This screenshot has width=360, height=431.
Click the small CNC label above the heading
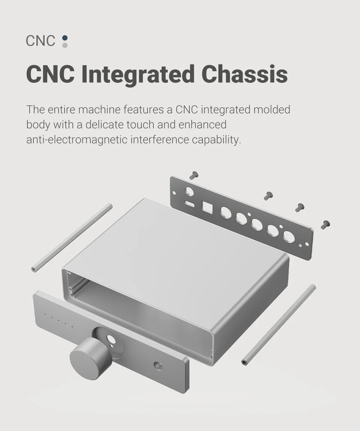[x=40, y=41]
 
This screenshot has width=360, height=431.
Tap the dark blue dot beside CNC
[x=65, y=37]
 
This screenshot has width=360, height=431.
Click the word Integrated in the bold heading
[x=138, y=74]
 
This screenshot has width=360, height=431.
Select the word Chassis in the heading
[x=244, y=74]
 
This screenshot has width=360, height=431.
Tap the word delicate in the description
[x=105, y=124]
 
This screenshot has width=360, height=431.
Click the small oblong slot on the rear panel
[x=190, y=204]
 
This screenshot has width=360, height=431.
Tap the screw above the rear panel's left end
[x=194, y=175]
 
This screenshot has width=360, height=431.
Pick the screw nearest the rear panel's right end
[x=325, y=224]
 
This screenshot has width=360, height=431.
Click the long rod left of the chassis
[x=72, y=238]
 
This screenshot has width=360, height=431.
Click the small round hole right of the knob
[x=158, y=365]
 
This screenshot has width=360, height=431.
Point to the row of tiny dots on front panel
[x=58, y=320]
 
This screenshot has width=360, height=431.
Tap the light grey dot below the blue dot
[x=65, y=45]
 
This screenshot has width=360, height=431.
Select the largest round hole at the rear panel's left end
[x=190, y=191]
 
